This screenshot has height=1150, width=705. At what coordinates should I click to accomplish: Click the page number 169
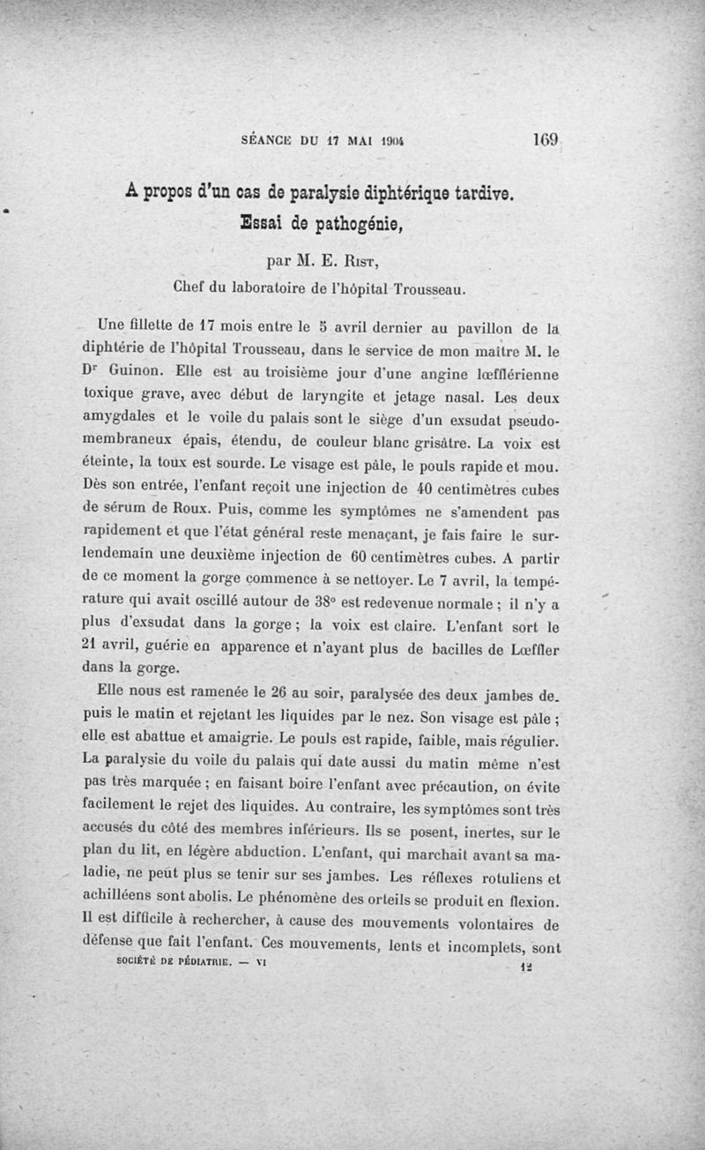[x=547, y=139]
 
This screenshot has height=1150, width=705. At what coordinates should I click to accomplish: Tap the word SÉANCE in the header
[x=267, y=140]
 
